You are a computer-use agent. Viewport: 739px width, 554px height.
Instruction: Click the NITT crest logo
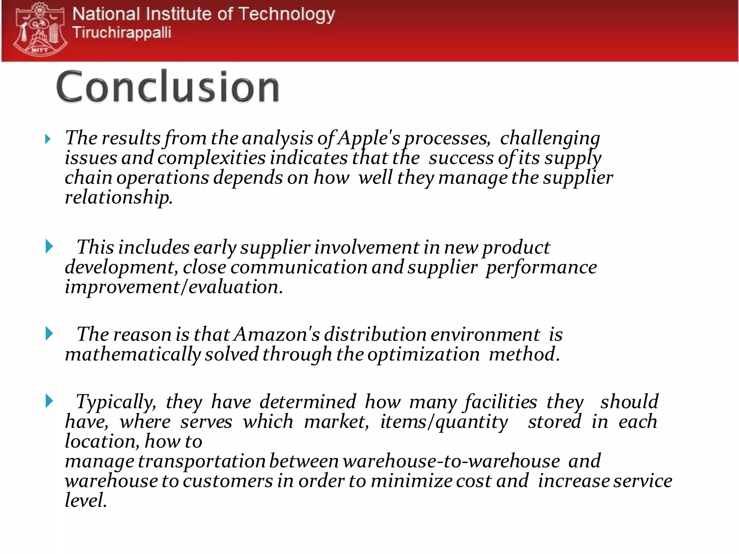coord(40,30)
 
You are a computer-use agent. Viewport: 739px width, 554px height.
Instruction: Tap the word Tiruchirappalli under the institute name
coord(122,32)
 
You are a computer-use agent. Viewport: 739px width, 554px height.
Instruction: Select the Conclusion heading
coord(168,87)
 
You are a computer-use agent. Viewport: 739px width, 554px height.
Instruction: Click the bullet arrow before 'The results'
coord(48,139)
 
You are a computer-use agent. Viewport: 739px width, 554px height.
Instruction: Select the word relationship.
coord(118,198)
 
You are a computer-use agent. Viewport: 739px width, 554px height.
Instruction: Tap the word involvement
coord(367,248)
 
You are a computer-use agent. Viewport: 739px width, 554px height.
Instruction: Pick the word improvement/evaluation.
coord(173,287)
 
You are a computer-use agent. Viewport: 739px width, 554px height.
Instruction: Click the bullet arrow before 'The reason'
coord(49,333)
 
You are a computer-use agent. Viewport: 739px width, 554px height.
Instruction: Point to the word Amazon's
coord(277,334)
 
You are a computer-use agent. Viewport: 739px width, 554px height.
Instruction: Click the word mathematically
coord(132,354)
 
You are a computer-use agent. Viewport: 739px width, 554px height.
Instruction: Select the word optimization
coord(424,354)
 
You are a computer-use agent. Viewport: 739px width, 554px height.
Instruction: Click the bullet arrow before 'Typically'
coord(49,401)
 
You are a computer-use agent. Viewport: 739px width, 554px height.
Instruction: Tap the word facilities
coord(501,402)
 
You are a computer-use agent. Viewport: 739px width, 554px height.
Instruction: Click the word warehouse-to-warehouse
coord(451,461)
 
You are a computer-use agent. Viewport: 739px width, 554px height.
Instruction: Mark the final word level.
coord(85,501)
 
